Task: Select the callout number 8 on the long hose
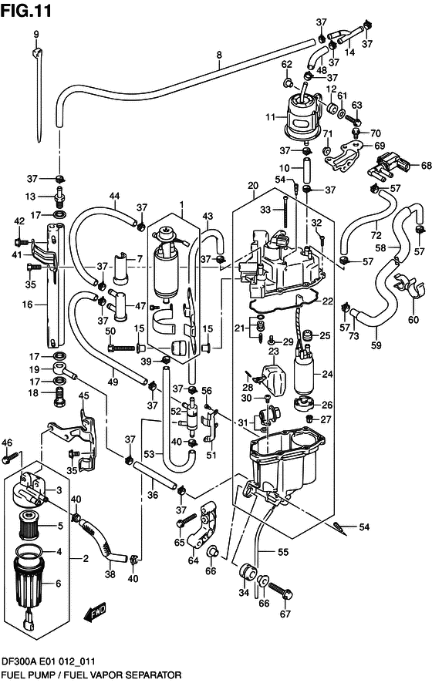(x=219, y=55)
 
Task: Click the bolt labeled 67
(x=281, y=592)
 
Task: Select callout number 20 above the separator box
(x=252, y=186)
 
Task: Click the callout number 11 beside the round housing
(x=270, y=118)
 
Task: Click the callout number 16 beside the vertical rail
(x=26, y=305)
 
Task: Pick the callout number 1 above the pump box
(x=182, y=206)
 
